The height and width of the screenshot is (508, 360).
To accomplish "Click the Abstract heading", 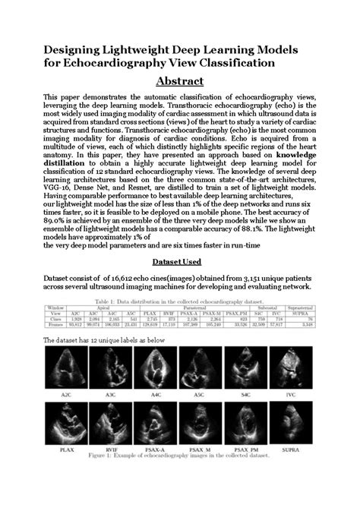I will [x=179, y=81].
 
